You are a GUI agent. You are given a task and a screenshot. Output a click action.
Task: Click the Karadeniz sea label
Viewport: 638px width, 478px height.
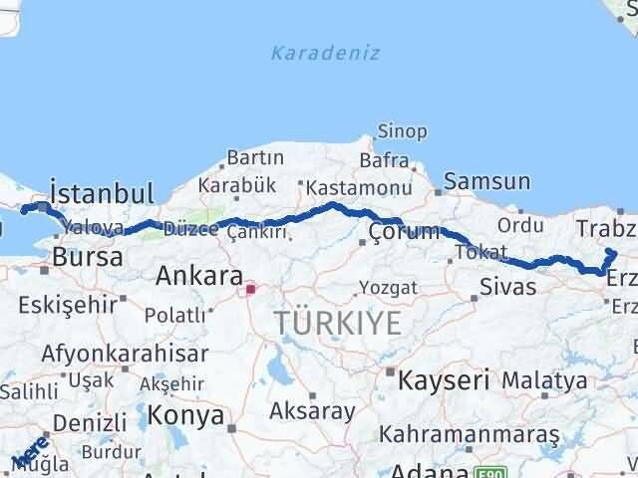325,53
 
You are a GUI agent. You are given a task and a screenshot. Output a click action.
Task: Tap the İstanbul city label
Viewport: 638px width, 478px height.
102,192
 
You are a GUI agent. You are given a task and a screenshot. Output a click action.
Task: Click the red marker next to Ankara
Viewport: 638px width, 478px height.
251,290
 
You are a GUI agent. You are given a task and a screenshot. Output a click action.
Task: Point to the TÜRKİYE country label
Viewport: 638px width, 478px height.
339,323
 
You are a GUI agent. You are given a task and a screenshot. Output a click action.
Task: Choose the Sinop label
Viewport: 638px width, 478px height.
402,131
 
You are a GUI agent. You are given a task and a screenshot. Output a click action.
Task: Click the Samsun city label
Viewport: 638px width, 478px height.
486,181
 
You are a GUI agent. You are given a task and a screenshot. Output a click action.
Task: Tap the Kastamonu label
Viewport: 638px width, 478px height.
359,188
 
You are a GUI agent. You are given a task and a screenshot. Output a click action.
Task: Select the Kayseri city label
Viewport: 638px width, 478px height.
444,379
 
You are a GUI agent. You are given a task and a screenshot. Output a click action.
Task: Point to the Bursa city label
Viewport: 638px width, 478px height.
89,256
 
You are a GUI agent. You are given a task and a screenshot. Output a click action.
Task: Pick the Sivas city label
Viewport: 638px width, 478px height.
508,287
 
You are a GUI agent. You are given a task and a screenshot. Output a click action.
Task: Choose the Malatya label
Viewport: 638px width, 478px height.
544,379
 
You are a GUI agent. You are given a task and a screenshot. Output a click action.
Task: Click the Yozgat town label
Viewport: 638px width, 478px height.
389,290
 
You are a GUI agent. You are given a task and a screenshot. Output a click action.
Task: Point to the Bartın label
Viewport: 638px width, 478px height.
255,157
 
